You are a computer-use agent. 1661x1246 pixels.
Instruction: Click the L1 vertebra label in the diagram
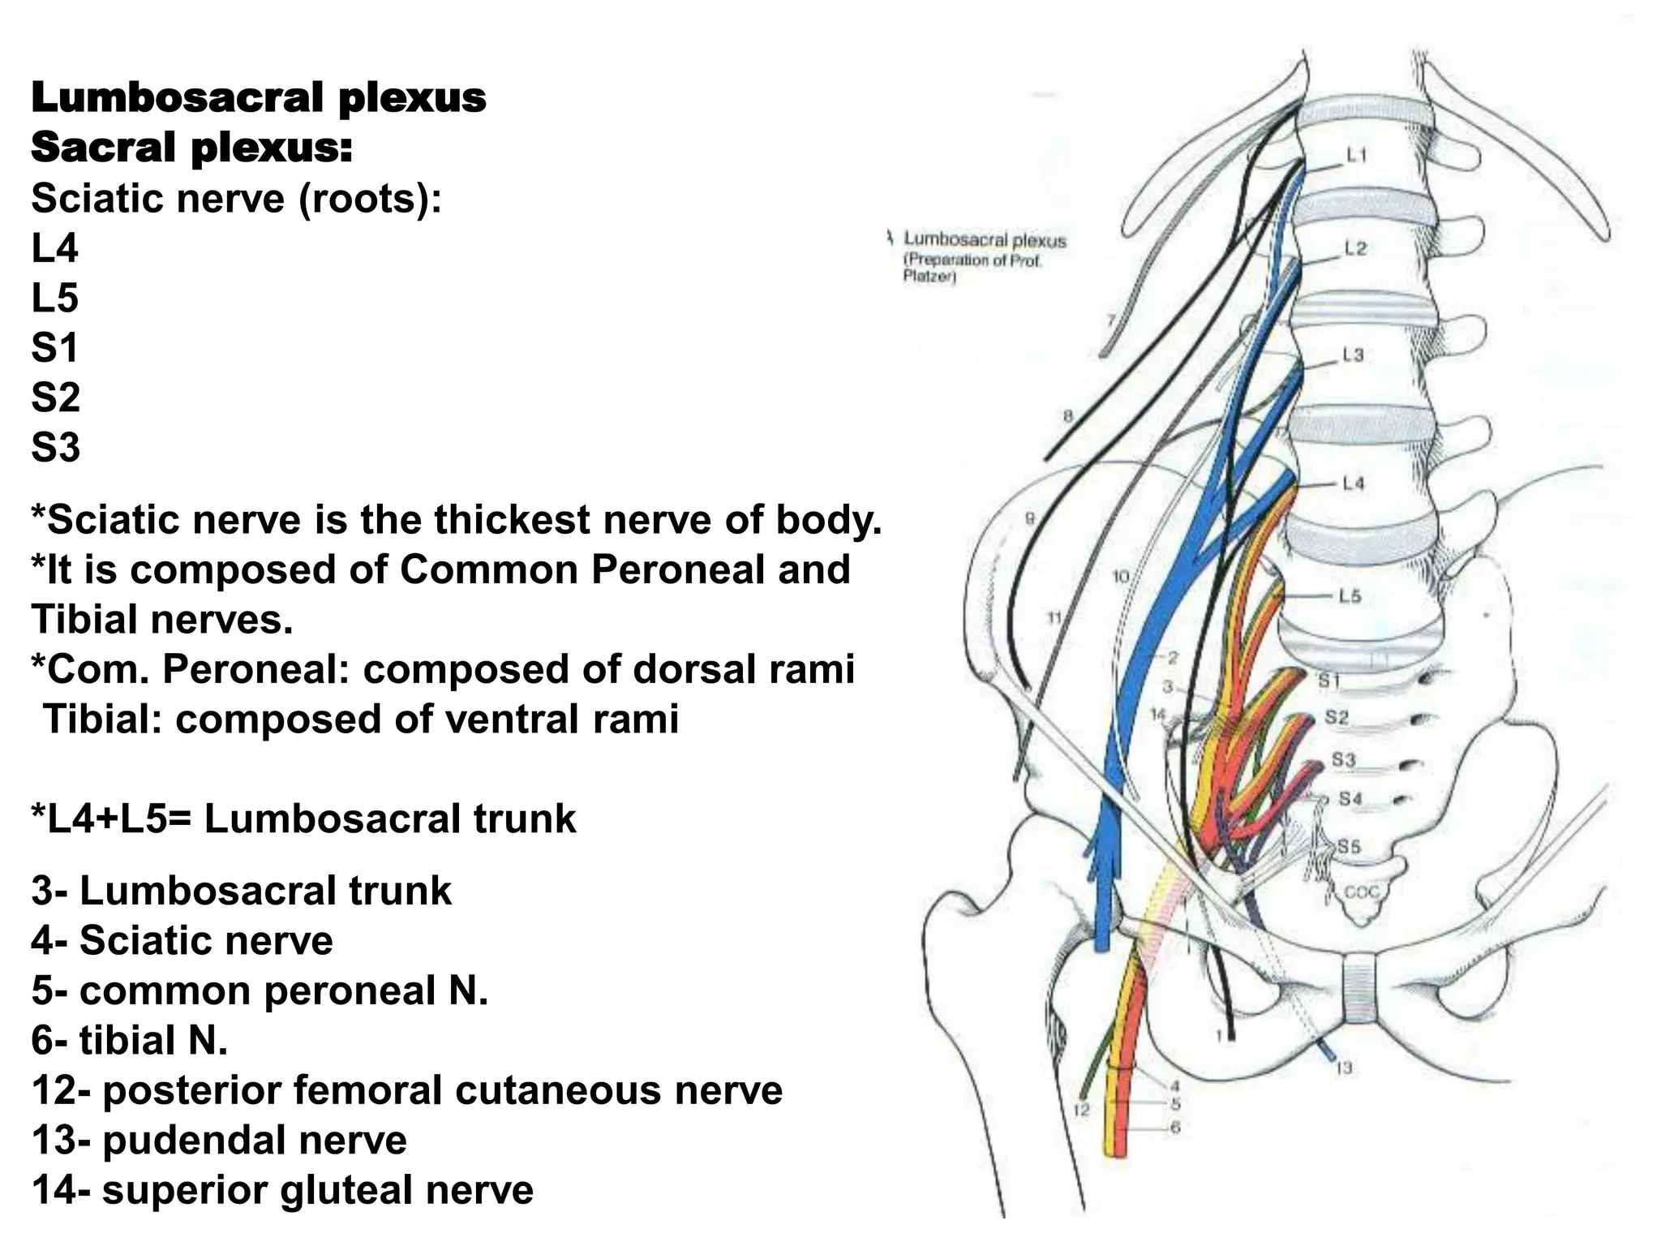click(1356, 155)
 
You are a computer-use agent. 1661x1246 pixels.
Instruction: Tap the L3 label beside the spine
click(1353, 355)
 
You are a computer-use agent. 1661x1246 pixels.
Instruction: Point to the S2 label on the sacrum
click(1337, 717)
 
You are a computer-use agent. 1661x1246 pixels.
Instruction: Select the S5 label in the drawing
click(1349, 847)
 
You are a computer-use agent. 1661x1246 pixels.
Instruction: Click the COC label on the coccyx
click(1362, 892)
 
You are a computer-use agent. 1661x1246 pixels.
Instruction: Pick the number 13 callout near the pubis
click(1344, 1068)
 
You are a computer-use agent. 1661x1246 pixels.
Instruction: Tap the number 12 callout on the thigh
click(1082, 1110)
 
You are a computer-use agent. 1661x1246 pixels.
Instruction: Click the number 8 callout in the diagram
click(1068, 416)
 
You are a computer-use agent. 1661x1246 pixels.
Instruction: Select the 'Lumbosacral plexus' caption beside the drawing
click(985, 240)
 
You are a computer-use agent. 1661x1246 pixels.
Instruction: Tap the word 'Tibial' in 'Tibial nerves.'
click(84, 621)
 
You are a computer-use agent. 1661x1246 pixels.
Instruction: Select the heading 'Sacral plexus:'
click(191, 148)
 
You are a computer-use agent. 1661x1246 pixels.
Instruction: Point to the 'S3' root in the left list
click(55, 448)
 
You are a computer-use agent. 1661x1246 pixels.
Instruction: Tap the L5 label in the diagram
click(1349, 596)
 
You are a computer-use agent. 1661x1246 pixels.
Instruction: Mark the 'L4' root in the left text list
click(54, 248)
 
